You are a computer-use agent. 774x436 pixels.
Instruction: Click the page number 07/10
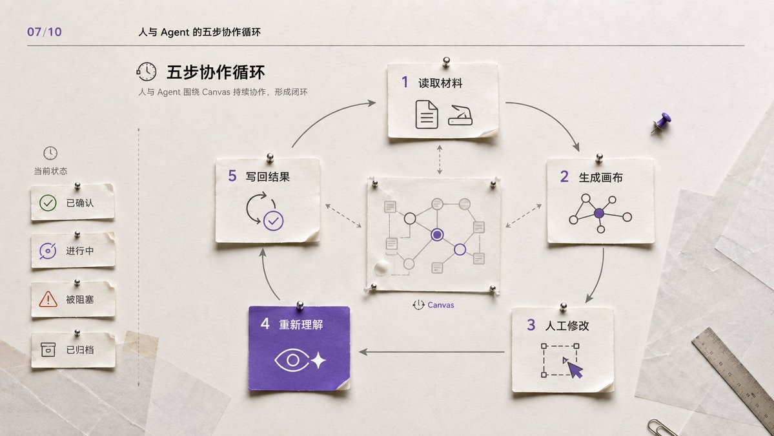[x=45, y=32]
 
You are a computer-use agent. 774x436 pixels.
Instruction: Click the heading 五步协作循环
[x=216, y=72]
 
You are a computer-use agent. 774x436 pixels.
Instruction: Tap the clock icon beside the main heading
[x=146, y=72]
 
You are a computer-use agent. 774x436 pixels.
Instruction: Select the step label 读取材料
[x=440, y=83]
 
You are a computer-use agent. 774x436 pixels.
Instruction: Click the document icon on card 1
[x=427, y=114]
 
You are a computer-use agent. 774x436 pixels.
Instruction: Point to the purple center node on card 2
[x=599, y=213]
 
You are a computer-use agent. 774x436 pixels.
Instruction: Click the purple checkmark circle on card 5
[x=274, y=221]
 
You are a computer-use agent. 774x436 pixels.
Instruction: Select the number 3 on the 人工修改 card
[x=531, y=325]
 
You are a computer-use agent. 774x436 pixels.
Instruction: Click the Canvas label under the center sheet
[x=440, y=305]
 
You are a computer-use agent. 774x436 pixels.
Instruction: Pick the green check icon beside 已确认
[x=48, y=203]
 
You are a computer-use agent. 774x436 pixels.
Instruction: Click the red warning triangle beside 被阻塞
[x=48, y=299]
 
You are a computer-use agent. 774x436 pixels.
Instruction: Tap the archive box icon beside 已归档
[x=48, y=349]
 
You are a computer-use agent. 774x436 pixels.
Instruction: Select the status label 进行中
[x=80, y=251]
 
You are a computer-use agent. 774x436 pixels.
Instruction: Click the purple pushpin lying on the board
[x=661, y=123]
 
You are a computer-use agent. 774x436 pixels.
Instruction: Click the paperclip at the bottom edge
[x=662, y=428]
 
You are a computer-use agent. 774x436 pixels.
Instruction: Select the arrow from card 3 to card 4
[x=431, y=352]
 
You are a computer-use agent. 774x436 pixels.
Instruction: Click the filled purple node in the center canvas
[x=437, y=234]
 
